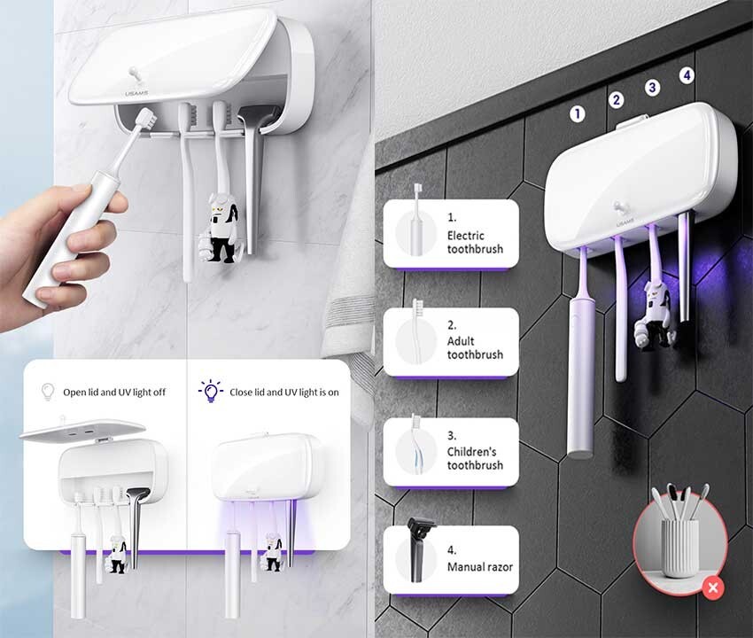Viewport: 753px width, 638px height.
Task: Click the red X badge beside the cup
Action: (x=714, y=586)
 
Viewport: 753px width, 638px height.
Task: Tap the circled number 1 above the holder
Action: (x=578, y=113)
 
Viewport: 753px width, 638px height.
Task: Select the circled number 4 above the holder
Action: (x=687, y=75)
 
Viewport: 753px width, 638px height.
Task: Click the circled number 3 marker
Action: (x=653, y=87)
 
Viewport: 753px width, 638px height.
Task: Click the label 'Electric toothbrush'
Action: (x=475, y=242)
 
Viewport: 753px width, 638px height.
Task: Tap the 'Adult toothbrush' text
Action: (x=475, y=347)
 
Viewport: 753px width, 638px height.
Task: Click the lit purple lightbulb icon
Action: (x=210, y=391)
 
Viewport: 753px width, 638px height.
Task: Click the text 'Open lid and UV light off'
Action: (x=114, y=392)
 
